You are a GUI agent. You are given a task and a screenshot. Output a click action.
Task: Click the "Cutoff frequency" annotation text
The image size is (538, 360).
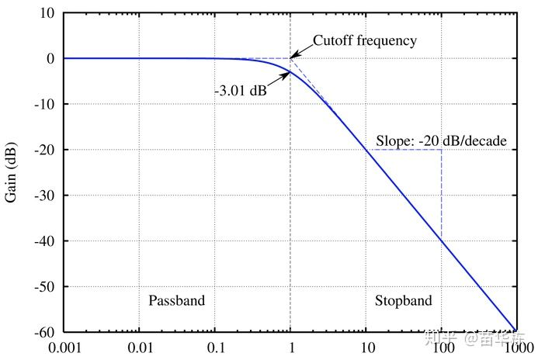pos(364,40)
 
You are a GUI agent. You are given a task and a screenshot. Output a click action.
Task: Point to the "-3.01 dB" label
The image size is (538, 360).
pos(241,91)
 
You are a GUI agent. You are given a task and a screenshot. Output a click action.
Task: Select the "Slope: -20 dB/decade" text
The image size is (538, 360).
pos(441,140)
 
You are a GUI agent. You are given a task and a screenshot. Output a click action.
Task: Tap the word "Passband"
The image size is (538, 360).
pos(176,300)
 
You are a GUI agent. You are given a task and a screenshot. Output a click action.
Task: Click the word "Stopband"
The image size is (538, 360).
pos(403,300)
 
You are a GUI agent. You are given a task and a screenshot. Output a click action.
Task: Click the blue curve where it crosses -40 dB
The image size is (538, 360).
pos(441,241)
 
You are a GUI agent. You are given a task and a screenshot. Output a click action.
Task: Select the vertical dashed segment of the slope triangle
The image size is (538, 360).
pos(442,194)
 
